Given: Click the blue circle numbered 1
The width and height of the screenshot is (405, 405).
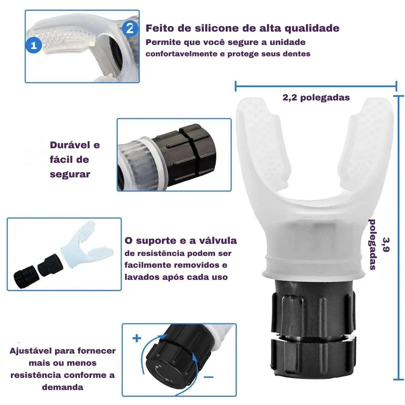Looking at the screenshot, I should point(34,45).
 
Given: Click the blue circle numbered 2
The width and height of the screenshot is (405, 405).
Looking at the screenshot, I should point(129,28).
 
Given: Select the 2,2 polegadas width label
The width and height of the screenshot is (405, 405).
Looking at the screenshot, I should point(316,98).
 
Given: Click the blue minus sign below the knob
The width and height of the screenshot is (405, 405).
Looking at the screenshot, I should point(208,376).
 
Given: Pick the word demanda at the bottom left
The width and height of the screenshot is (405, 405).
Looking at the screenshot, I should point(62,387).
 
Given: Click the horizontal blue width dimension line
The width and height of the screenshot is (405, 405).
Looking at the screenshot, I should point(316,85).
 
